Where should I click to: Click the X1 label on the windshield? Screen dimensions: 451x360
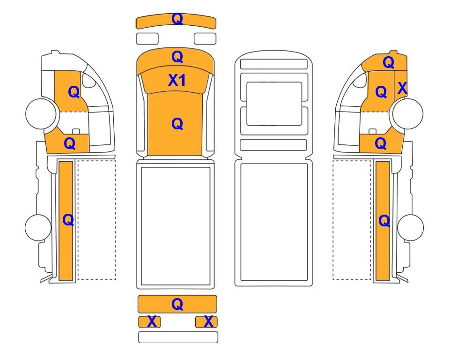click(x=177, y=80)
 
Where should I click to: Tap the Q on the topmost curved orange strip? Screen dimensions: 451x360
click(x=177, y=19)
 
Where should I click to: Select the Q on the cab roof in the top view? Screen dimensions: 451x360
click(x=177, y=124)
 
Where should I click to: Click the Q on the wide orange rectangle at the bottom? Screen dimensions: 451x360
click(x=177, y=304)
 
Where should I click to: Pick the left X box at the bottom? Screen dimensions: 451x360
click(x=149, y=322)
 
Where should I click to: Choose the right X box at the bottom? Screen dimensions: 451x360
click(x=206, y=322)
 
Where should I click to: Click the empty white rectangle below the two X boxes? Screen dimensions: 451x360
click(x=178, y=337)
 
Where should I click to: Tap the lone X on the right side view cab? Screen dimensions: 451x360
click(x=402, y=88)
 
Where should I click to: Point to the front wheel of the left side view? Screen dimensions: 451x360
click(x=41, y=113)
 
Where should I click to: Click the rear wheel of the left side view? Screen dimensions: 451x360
click(x=38, y=227)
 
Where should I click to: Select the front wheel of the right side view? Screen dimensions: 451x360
click(x=408, y=113)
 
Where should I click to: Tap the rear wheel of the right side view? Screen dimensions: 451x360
click(x=410, y=227)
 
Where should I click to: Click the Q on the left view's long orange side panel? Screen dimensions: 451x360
click(x=68, y=221)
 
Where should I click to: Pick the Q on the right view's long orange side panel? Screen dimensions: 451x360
click(x=384, y=221)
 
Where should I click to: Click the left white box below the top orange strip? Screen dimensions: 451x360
click(x=147, y=38)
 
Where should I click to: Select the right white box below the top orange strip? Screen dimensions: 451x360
click(x=205, y=38)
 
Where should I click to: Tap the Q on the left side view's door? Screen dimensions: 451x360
click(x=74, y=92)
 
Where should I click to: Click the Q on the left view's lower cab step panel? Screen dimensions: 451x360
click(x=70, y=143)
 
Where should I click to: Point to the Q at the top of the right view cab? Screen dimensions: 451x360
click(x=388, y=62)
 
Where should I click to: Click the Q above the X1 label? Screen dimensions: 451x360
click(x=177, y=57)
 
